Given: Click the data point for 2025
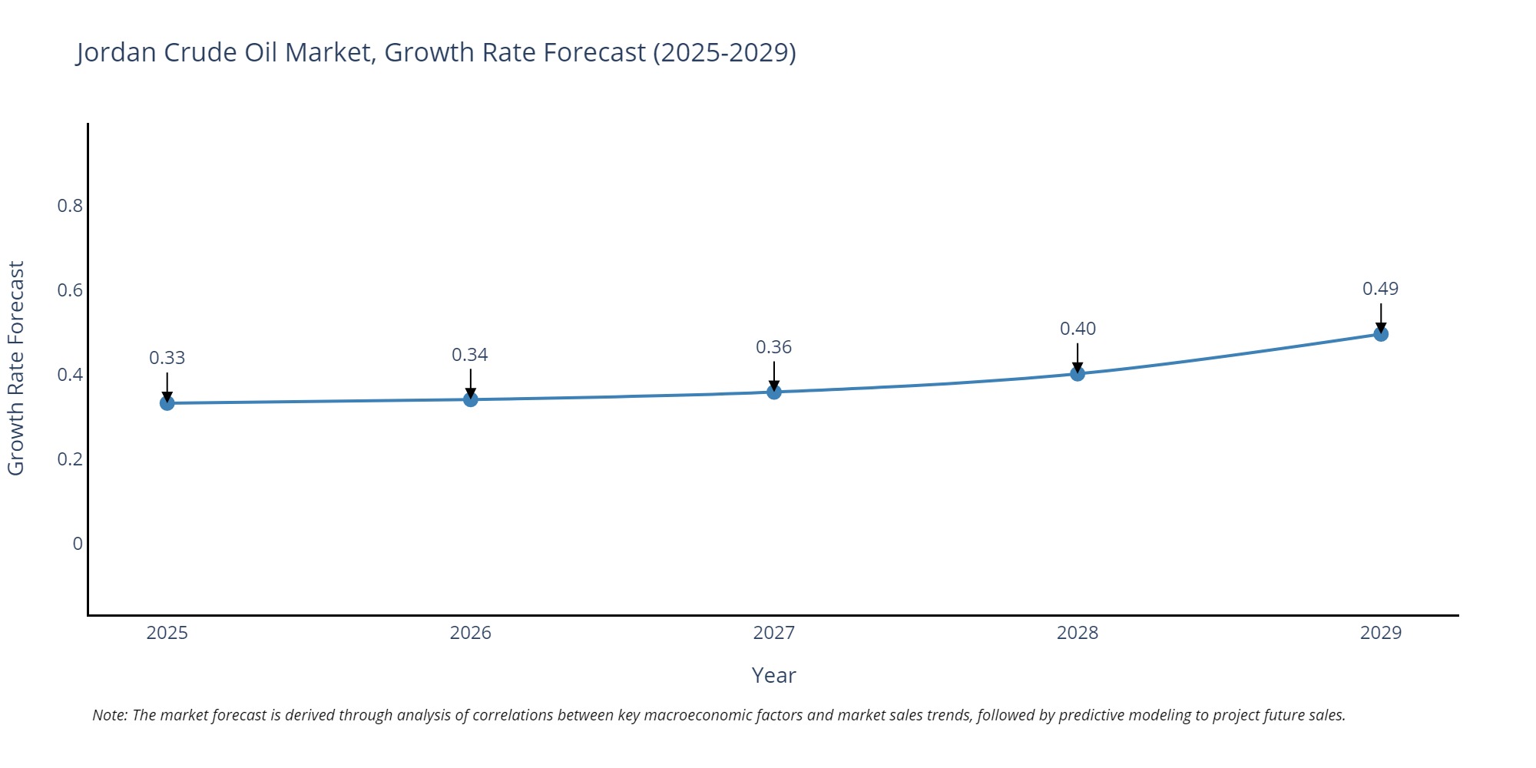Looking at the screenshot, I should tap(167, 403).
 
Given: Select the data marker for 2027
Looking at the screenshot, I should tap(774, 392).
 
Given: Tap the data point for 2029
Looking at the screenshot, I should tap(1381, 334).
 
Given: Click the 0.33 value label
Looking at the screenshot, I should tap(167, 358).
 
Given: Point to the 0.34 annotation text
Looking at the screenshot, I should tap(469, 355).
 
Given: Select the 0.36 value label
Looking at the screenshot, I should tap(773, 347).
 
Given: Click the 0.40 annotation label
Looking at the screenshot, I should tap(1078, 329).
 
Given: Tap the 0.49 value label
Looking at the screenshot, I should tap(1380, 289).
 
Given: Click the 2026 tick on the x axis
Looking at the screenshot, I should tap(470, 633).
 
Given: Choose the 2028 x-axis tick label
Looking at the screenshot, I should tap(1078, 633).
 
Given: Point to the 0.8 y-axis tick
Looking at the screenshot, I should tap(70, 206).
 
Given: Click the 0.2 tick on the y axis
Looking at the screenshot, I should tap(70, 459).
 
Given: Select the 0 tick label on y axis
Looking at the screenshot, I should tap(78, 544).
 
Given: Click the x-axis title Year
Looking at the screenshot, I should tap(773, 675).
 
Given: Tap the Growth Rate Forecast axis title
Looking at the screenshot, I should tap(16, 368).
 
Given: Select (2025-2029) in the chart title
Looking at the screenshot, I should tap(724, 52).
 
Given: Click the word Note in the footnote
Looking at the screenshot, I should tap(109, 715).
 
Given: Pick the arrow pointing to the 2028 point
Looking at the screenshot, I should tap(1078, 358).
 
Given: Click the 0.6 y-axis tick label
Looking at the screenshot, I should tap(70, 290).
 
